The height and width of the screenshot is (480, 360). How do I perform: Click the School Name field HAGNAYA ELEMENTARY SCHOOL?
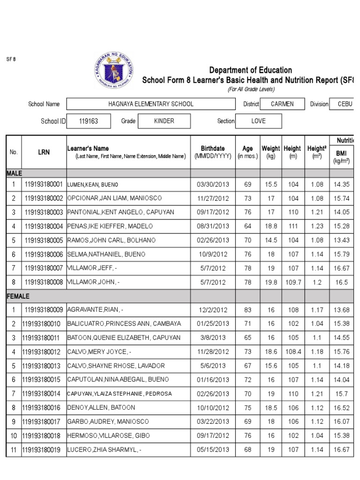pos(150,104)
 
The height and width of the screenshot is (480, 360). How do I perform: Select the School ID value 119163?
pos(89,121)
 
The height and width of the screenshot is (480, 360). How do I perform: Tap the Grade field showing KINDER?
pos(164,121)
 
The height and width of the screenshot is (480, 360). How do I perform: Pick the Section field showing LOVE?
pos(258,121)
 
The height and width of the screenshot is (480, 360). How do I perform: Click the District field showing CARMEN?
pos(282,104)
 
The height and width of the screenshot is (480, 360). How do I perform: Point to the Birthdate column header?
pos(213,152)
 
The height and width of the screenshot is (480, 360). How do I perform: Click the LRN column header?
pos(44,152)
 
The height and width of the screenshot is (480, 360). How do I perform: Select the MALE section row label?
pos(14,173)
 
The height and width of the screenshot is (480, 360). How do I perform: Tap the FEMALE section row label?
pos(18,296)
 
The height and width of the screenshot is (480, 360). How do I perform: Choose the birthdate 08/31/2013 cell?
pos(213,226)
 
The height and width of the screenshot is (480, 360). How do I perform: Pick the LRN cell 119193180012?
pos(43,352)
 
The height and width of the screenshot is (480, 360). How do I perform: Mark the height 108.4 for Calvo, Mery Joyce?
pos(293,352)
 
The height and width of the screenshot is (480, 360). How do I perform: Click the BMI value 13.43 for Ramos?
pos(341,240)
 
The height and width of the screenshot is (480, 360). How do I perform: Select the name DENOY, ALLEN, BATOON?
pos(101,408)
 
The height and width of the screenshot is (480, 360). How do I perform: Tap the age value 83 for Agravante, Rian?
pos(247,310)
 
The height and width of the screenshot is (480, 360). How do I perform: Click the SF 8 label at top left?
pos(11,60)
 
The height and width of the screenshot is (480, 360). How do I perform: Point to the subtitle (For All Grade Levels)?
pos(251,90)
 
